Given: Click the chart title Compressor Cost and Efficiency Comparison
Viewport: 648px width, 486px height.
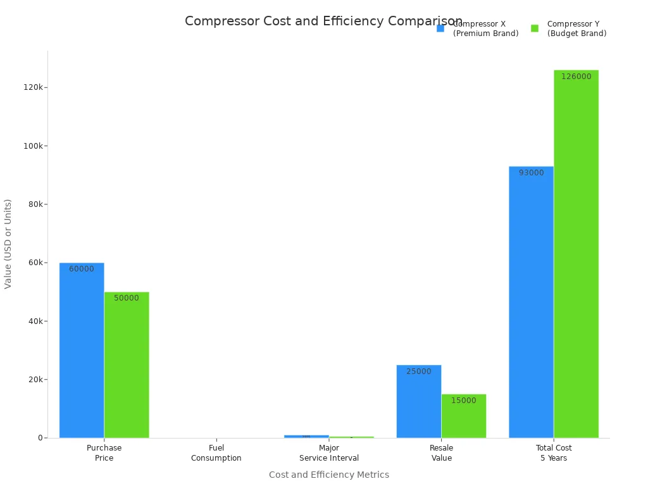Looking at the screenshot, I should tap(323, 22).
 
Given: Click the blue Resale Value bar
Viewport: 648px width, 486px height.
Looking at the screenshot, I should tap(419, 401).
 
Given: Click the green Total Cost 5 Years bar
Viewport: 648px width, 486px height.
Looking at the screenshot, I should tap(576, 254).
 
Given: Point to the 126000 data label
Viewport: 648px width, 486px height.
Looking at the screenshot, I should tap(576, 77).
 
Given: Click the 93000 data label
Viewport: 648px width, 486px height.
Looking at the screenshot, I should tap(531, 173).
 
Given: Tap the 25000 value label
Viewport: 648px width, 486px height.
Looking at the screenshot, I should tap(419, 371).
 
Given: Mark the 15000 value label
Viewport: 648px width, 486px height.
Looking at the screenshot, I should tap(464, 401).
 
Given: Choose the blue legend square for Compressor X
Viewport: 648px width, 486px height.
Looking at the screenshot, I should tap(440, 28).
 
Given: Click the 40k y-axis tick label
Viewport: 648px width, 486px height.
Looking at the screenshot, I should tap(34, 321).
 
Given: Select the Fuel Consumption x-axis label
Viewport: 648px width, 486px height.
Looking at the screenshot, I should tap(216, 452).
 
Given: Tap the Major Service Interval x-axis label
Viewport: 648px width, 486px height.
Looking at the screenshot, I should tap(329, 452).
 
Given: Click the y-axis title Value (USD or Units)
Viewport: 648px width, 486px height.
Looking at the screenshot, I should tap(8, 244).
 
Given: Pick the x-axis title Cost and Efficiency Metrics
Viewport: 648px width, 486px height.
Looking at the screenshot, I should tap(329, 475).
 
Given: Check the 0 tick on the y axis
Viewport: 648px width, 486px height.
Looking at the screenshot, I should tap(40, 438).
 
